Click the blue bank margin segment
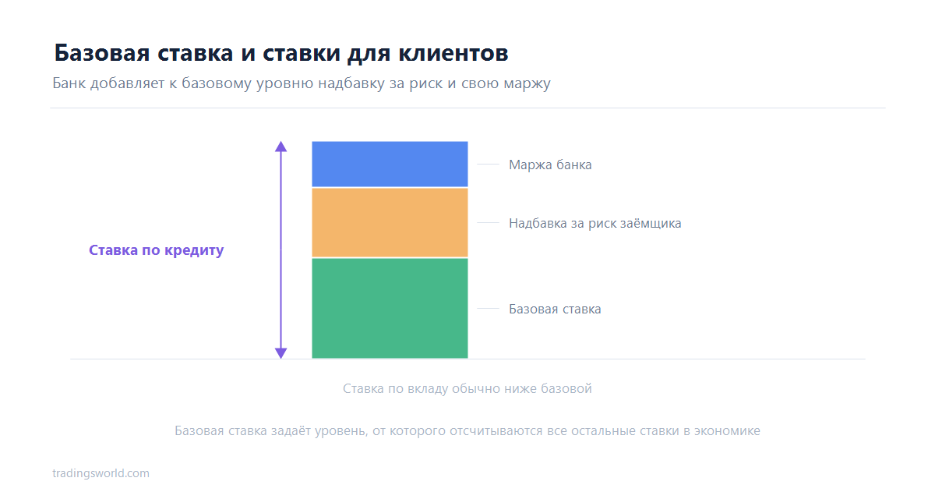[x=390, y=164]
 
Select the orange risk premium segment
[x=390, y=222]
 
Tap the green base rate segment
[x=390, y=308]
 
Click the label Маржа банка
[x=550, y=165]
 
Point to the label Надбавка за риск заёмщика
[x=595, y=224]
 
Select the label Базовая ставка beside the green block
[x=555, y=309]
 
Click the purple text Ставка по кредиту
[x=156, y=250]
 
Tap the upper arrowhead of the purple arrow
[x=281, y=146]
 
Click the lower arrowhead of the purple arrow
[x=281, y=353]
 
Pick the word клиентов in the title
[x=453, y=53]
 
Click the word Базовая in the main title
[x=102, y=53]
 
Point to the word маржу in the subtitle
[x=527, y=84]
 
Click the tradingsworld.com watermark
[x=101, y=473]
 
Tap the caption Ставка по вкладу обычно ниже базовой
[x=467, y=389]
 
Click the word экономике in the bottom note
[x=727, y=431]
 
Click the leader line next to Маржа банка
[x=488, y=164]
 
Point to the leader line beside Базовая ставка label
[x=488, y=308]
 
